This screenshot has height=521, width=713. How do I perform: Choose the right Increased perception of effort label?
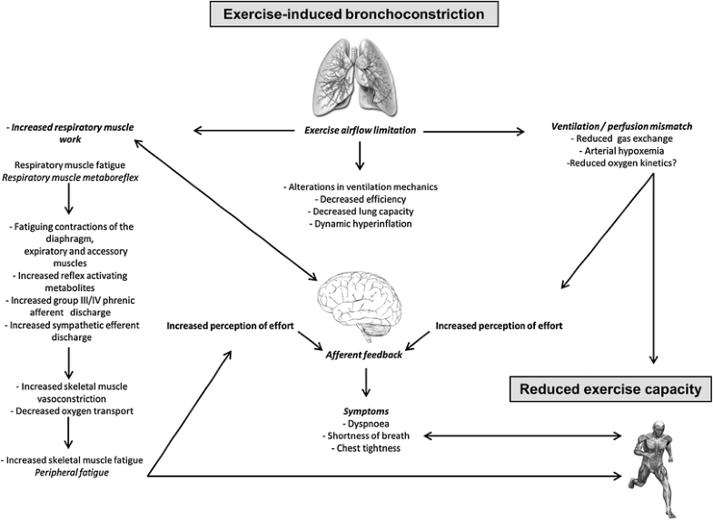pos(499,325)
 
